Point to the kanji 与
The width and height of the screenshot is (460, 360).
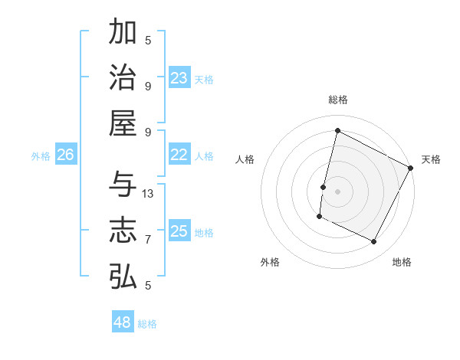click(123, 185)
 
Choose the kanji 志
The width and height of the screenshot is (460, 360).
click(123, 230)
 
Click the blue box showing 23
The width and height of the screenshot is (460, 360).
click(179, 77)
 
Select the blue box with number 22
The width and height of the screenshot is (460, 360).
click(179, 155)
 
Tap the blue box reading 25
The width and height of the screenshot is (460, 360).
click(179, 231)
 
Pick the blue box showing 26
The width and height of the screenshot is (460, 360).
click(65, 155)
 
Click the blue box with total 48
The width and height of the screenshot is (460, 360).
click(123, 322)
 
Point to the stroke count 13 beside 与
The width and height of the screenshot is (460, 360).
click(148, 194)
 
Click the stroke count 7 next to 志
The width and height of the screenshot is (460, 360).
click(148, 240)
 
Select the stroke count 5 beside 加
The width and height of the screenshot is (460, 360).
click(148, 41)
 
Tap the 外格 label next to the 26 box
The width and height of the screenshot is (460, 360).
click(41, 156)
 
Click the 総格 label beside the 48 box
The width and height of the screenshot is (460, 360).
click(147, 324)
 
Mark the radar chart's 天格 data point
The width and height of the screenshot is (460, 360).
click(411, 168)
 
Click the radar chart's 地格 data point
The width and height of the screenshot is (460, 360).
click(374, 242)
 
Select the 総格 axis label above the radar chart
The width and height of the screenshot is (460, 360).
click(337, 100)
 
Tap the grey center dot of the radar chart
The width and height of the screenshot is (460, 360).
click(337, 191)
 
